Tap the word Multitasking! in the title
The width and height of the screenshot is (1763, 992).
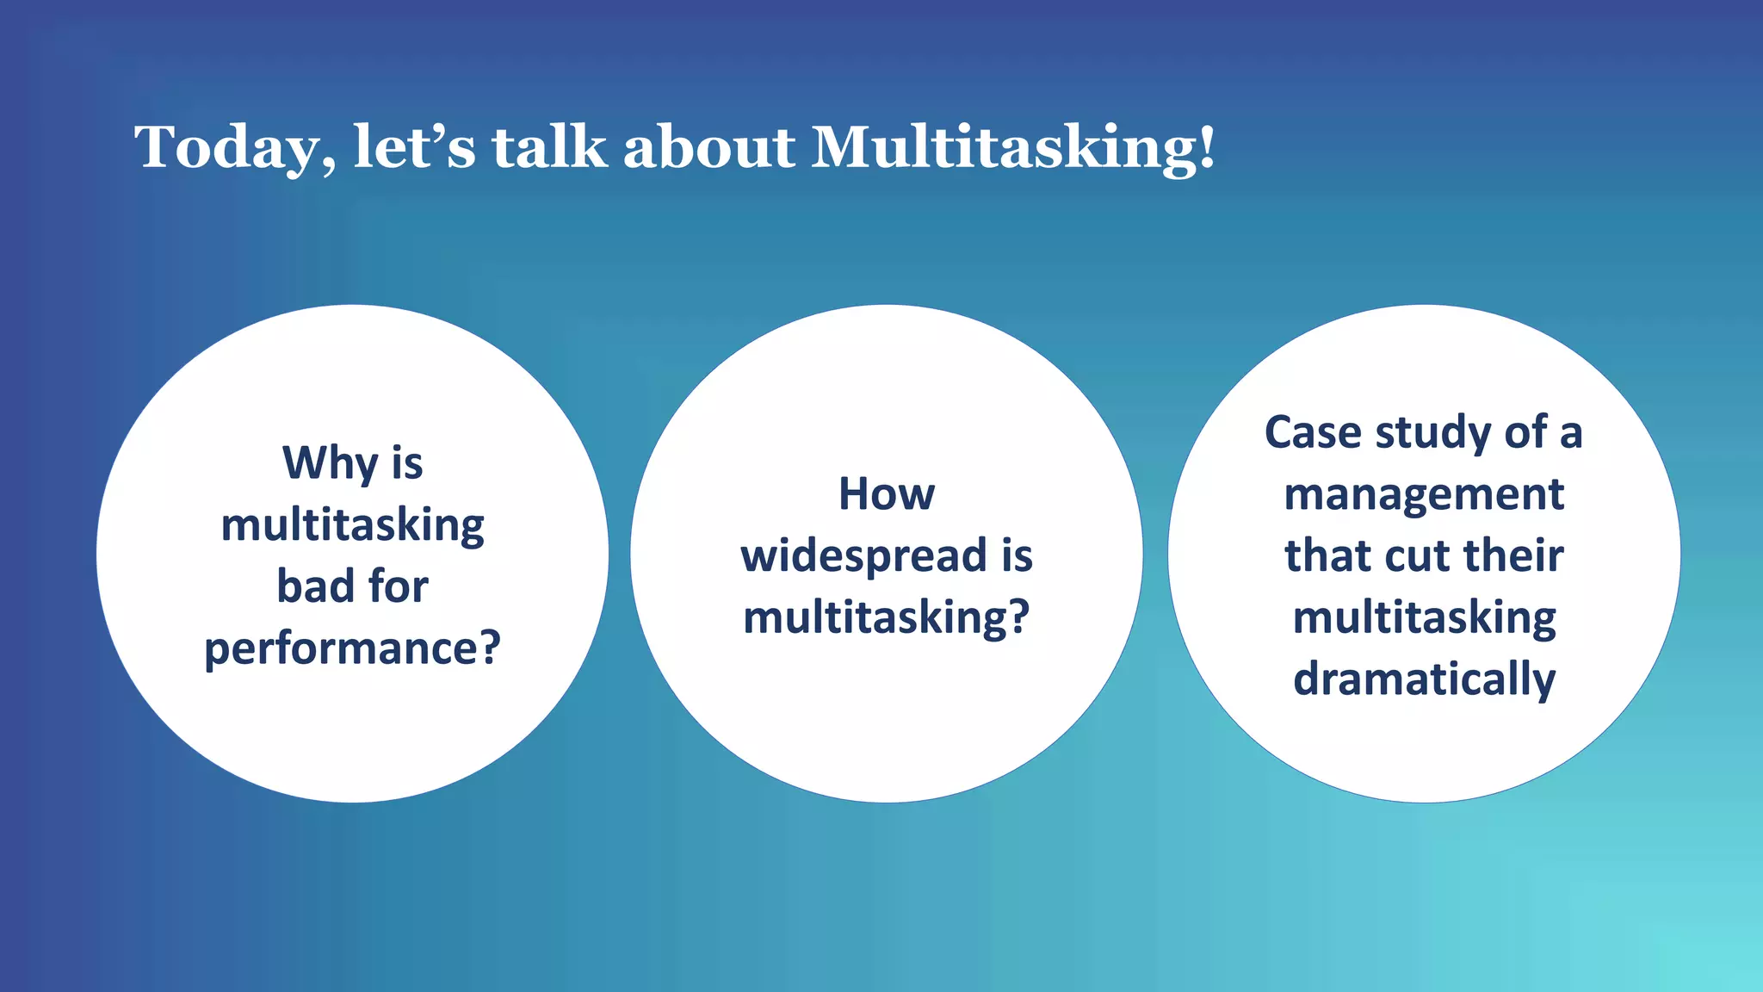tap(1013, 148)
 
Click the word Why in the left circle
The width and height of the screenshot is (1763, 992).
tap(330, 463)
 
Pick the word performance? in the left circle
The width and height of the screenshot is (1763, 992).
tap(352, 648)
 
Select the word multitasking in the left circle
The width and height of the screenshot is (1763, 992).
tap(352, 525)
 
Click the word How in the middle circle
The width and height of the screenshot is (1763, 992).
tap(887, 494)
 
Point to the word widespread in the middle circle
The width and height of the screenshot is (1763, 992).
tap(863, 556)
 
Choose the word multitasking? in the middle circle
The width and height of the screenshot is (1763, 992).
tap(887, 618)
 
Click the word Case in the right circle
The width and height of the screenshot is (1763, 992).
tap(1314, 432)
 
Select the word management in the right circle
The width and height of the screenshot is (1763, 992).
tap(1424, 495)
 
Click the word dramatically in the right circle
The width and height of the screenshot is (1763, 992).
tap(1424, 680)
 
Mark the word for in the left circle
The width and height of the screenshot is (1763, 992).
tap(398, 586)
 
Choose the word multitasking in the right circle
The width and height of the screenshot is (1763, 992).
tap(1424, 618)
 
